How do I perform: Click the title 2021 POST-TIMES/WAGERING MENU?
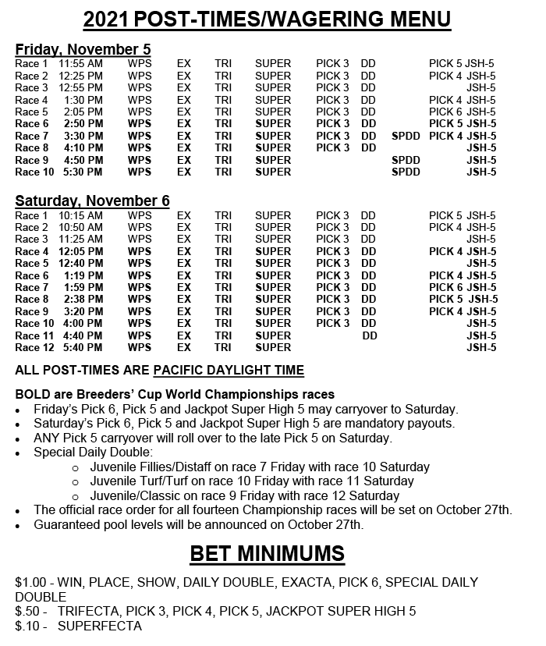tap(267, 19)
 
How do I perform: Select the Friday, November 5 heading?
tap(83, 49)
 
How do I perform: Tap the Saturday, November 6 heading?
tap(92, 201)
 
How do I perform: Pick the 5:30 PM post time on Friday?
tap(83, 172)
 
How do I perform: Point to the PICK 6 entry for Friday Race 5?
tap(445, 112)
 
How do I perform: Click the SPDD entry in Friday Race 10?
tap(406, 172)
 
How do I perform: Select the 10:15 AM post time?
tap(80, 215)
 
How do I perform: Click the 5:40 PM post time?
tap(83, 347)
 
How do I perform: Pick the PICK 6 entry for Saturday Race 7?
tap(445, 287)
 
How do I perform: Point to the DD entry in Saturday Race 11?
tap(370, 335)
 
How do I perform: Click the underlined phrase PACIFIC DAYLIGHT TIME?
tap(229, 370)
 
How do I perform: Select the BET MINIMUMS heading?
tap(268, 555)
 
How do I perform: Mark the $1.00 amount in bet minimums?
tap(31, 582)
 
